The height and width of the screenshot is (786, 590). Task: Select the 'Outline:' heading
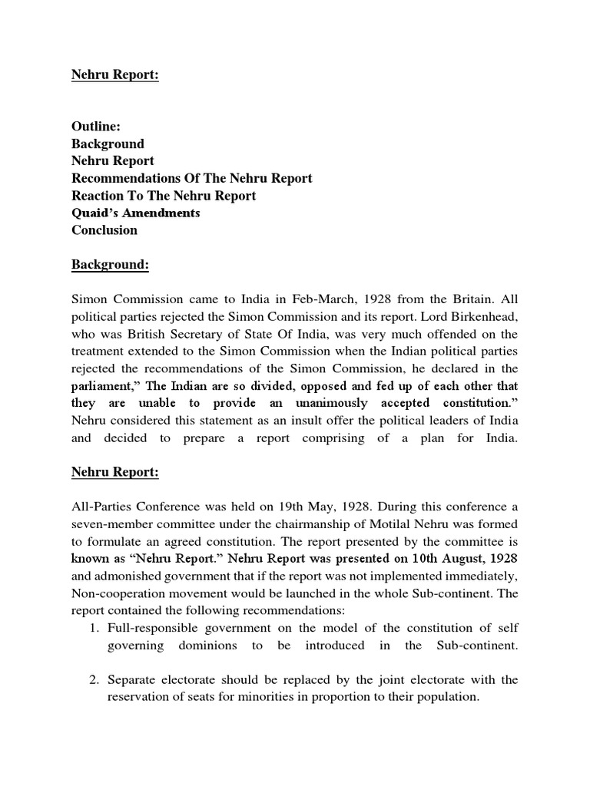point(98,127)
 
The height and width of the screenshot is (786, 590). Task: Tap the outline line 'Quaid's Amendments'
point(136,213)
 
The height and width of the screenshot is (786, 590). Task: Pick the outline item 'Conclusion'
point(104,230)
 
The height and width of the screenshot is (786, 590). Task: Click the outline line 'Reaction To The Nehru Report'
point(164,196)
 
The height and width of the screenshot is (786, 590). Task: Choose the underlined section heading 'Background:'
point(111,265)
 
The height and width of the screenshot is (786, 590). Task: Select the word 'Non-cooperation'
point(114,593)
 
